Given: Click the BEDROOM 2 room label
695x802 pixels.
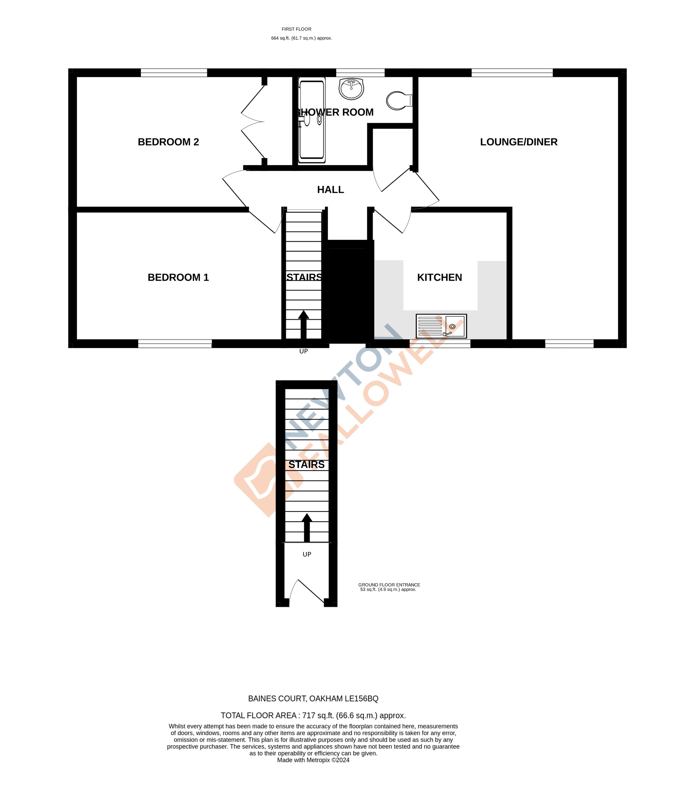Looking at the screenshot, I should point(168,142).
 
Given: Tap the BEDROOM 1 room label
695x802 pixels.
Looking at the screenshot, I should point(178,278).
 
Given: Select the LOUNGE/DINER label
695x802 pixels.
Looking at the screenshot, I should point(519,142).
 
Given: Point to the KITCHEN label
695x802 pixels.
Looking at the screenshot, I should point(439,278).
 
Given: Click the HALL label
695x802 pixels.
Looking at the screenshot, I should point(330,190).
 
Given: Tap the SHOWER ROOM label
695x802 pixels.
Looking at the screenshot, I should point(335,112).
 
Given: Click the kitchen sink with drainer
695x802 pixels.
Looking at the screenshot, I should point(441,326).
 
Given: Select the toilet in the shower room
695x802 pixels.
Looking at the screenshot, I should point(399,101).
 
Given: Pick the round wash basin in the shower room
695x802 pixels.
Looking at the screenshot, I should point(351,88).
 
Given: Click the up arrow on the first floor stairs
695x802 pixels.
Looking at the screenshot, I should point(303,324).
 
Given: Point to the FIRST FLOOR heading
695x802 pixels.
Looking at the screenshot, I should point(296,29).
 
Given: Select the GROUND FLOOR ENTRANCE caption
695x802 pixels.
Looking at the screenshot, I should point(389,585).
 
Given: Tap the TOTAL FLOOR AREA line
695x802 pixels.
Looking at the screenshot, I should point(313,715).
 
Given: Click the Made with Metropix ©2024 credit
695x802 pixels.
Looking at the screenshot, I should point(313,760).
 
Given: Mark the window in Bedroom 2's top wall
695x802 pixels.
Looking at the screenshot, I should point(174,73).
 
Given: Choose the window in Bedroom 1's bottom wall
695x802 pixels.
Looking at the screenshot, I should point(175,343).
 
